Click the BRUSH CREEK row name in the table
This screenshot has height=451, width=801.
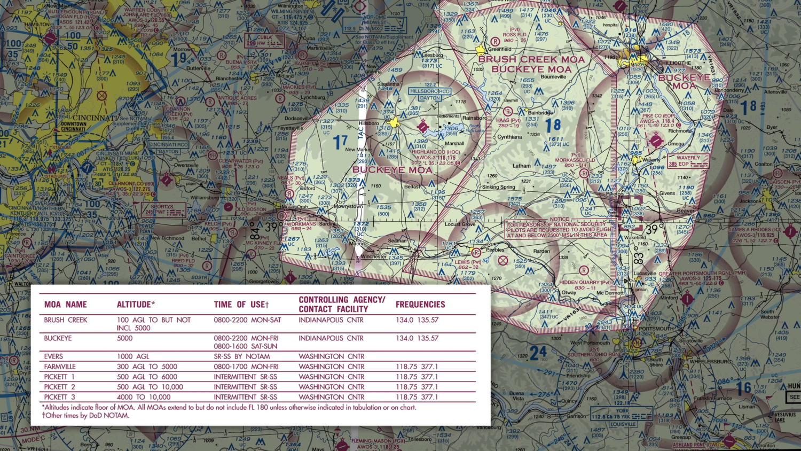click(66, 320)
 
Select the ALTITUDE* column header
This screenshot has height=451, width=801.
click(136, 305)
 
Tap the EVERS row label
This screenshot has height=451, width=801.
click(53, 356)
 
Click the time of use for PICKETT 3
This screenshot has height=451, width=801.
click(245, 397)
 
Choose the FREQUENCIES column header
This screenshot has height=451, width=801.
click(420, 305)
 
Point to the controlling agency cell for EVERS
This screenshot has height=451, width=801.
click(331, 356)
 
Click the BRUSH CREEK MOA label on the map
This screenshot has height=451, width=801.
click(531, 59)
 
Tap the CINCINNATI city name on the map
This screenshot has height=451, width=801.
click(95, 118)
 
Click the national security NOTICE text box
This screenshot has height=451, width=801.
click(561, 227)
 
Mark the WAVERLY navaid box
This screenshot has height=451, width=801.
click(688, 161)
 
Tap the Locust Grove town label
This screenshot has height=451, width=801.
click(460, 224)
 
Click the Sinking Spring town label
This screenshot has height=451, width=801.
click(499, 187)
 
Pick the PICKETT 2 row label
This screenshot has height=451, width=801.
click(59, 387)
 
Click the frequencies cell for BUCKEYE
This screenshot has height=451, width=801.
click(417, 338)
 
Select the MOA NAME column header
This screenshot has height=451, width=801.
click(65, 305)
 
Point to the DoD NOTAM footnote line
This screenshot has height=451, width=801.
click(85, 415)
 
